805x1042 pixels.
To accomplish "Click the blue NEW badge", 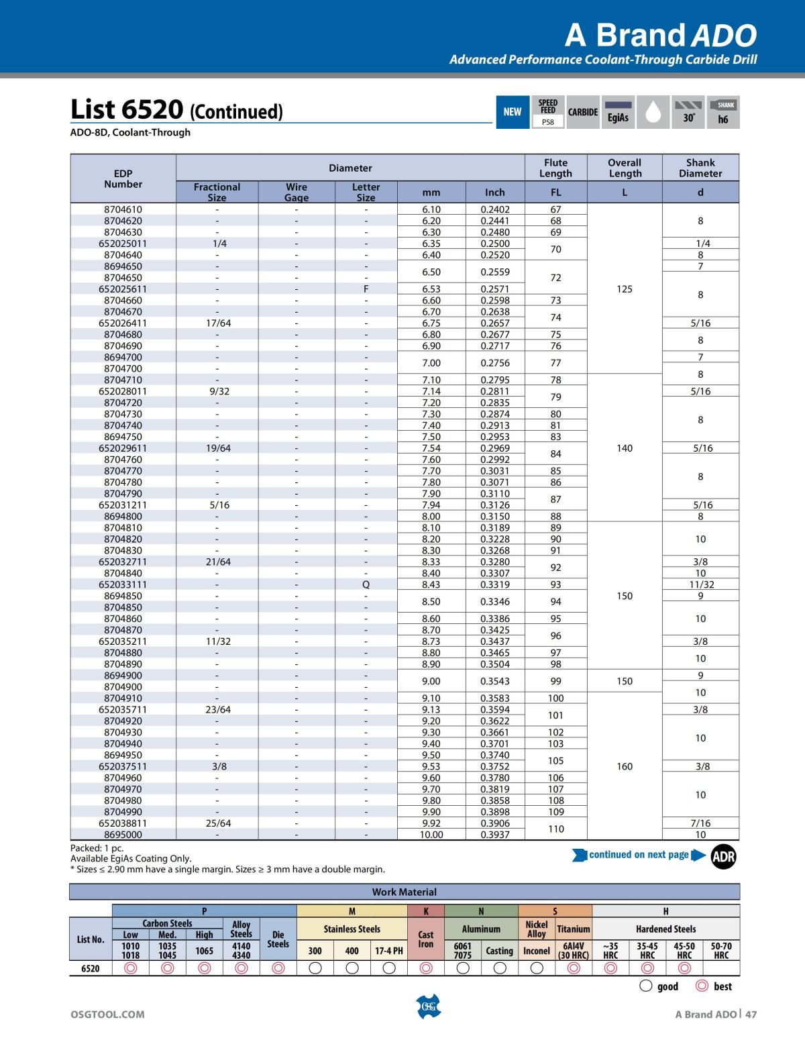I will [x=512, y=112].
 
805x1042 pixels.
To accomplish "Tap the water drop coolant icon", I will [x=653, y=112].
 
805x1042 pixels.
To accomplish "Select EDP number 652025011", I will [x=123, y=244].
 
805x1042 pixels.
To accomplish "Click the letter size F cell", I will [x=366, y=289].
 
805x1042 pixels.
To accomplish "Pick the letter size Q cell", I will [x=366, y=584].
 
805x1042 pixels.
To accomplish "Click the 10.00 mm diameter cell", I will [x=431, y=835].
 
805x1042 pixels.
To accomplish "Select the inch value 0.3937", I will [x=494, y=835].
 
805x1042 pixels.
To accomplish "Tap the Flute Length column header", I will [x=555, y=168].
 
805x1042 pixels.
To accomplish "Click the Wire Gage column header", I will [x=297, y=192].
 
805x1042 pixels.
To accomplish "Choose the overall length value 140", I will [x=625, y=448].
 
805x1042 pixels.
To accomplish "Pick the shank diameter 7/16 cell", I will [x=700, y=823].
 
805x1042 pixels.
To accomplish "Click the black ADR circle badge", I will [x=723, y=856].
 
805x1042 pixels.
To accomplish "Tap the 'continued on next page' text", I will [x=639, y=855].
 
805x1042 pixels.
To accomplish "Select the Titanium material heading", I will [x=574, y=929].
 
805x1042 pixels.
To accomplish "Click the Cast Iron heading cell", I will [x=426, y=939].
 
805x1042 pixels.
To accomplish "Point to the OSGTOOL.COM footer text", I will [x=107, y=1014].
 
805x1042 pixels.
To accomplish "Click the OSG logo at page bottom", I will [x=428, y=1006].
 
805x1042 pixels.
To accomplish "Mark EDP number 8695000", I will [x=123, y=835].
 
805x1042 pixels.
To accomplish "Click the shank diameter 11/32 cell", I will [x=700, y=584].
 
